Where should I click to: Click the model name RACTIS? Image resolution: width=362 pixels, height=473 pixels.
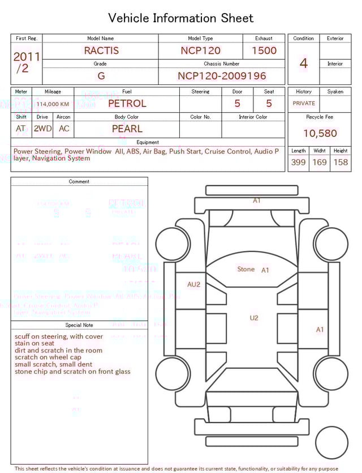point(101,50)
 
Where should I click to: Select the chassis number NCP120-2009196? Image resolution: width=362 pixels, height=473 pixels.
point(222,76)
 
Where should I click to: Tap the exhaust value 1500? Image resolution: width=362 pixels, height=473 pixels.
point(264,50)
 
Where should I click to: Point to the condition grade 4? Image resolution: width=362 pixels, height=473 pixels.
point(303,63)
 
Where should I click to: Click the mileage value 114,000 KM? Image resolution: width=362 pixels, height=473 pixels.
point(53,104)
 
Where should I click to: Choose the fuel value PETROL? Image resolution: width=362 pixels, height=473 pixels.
point(127,104)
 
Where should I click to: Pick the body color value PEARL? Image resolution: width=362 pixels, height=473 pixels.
point(127,129)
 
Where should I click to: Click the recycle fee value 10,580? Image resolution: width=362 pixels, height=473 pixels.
point(320,134)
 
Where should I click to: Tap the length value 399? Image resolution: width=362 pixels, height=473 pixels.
point(298,162)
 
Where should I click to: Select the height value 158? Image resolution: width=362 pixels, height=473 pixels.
point(341,162)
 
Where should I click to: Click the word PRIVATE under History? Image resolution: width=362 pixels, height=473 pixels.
point(304,104)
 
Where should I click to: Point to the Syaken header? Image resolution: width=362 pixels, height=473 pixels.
point(335,92)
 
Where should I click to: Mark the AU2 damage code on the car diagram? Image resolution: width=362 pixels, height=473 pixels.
point(193,284)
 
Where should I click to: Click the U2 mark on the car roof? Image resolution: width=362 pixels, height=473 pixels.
point(254,318)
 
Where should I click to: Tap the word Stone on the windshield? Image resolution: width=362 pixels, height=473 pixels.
point(245,269)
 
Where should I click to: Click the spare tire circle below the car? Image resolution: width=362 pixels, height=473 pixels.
point(332,442)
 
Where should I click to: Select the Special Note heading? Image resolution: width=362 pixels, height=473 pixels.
point(79,325)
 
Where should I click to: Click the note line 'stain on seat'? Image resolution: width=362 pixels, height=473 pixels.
point(35,343)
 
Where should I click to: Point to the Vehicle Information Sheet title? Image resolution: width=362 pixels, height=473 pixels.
point(181,18)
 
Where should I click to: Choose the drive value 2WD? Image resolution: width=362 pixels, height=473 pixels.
point(42,129)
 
